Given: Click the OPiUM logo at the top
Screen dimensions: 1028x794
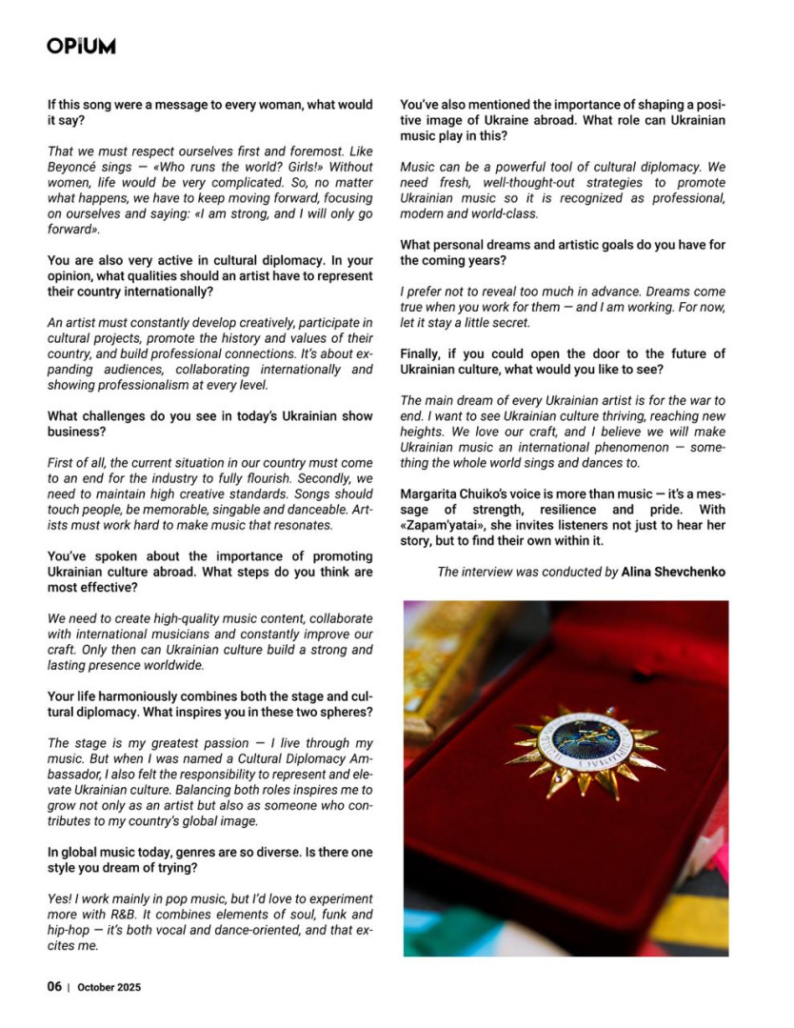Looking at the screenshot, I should [x=81, y=45].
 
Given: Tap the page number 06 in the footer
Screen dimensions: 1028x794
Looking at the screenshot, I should [x=54, y=987].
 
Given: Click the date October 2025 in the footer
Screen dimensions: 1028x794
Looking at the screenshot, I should [x=109, y=988].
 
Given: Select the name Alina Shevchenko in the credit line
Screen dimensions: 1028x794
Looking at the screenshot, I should [x=674, y=572].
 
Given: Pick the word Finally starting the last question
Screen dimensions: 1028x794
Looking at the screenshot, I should [x=422, y=353].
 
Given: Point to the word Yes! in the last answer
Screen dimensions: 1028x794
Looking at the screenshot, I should [x=59, y=899].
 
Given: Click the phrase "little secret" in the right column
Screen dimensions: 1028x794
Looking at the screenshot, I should [x=488, y=322].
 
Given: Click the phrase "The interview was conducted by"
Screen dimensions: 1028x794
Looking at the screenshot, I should [x=526, y=572].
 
